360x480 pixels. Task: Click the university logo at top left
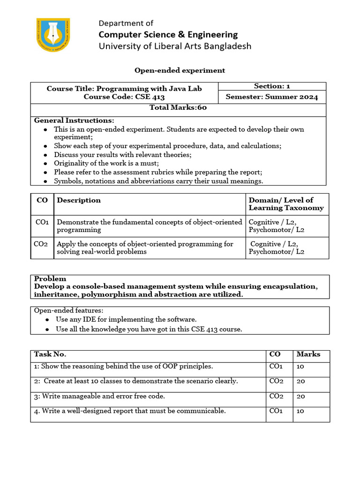click(53, 35)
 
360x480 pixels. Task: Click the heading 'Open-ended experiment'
click(180, 70)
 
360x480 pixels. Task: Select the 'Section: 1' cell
click(272, 86)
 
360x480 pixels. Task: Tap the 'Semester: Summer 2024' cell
click(272, 97)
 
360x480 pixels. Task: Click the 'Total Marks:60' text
click(178, 107)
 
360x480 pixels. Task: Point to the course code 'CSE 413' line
click(124, 97)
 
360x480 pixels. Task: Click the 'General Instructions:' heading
click(74, 120)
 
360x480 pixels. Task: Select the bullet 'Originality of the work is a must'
click(106, 163)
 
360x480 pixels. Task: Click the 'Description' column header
click(79, 200)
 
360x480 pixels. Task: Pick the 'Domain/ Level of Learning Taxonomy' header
click(286, 204)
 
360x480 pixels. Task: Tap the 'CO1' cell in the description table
click(42, 222)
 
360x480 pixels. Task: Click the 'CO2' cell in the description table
click(42, 244)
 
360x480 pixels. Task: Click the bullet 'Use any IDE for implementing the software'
click(126, 319)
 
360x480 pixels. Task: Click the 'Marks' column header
click(308, 354)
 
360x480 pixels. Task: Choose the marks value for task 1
click(301, 367)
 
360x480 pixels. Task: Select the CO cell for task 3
click(276, 396)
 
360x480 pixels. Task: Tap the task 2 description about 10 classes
click(136, 381)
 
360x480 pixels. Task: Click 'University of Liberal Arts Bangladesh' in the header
click(174, 46)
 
